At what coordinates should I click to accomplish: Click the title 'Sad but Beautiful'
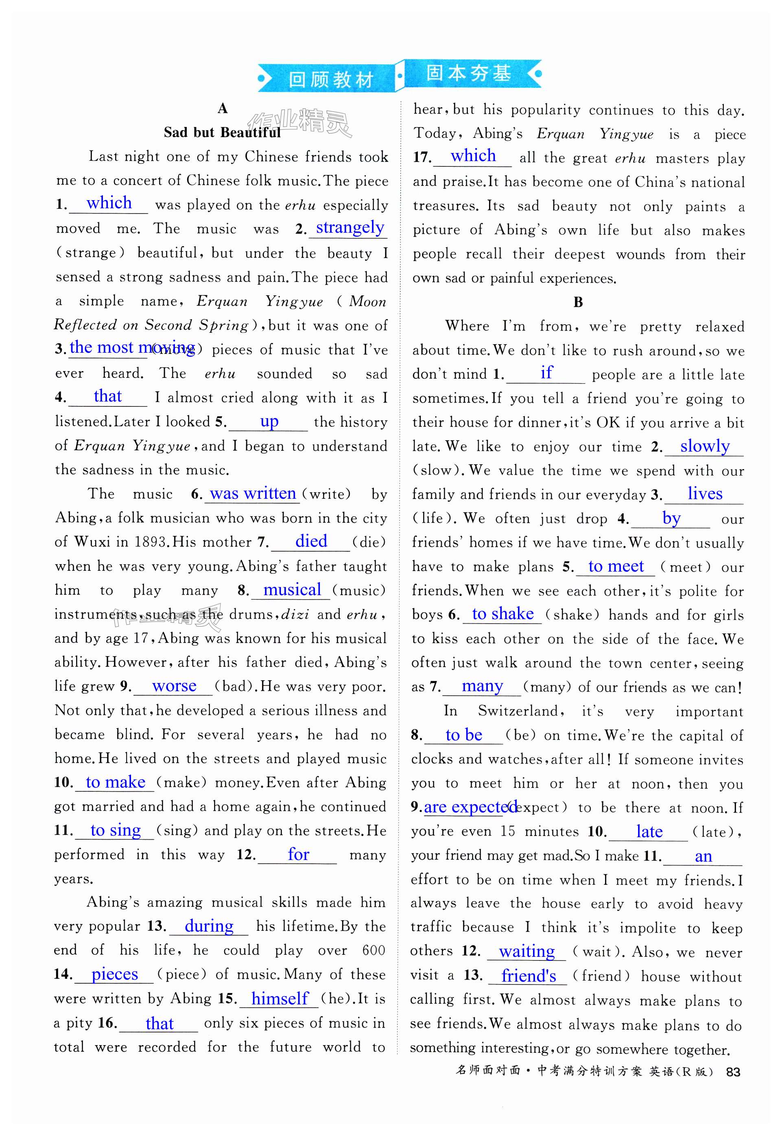click(222, 132)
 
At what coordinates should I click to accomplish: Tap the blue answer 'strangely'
click(350, 228)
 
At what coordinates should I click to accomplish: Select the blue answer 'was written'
click(253, 493)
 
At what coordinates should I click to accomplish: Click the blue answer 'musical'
click(292, 589)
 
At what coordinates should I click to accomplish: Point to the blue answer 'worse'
click(174, 686)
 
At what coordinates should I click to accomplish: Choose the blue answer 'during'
click(209, 926)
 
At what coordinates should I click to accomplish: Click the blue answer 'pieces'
click(115, 974)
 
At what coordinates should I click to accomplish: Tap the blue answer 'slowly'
click(705, 446)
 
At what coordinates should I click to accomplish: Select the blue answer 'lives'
click(705, 494)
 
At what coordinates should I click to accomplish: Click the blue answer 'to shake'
click(503, 614)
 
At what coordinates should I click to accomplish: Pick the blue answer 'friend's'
click(528, 976)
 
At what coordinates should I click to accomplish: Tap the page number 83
click(733, 1072)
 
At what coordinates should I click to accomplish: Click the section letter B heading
click(578, 302)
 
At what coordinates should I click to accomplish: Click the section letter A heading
click(223, 108)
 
